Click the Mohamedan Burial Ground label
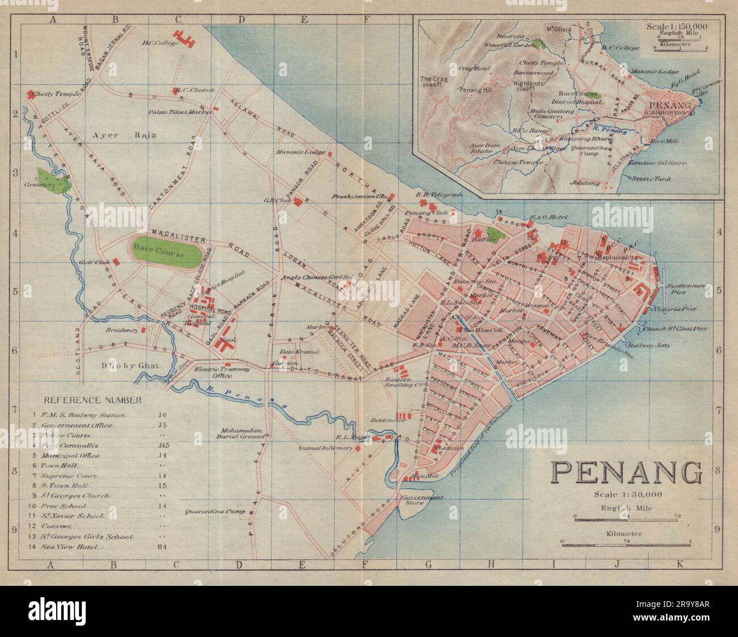click(x=242, y=434)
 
